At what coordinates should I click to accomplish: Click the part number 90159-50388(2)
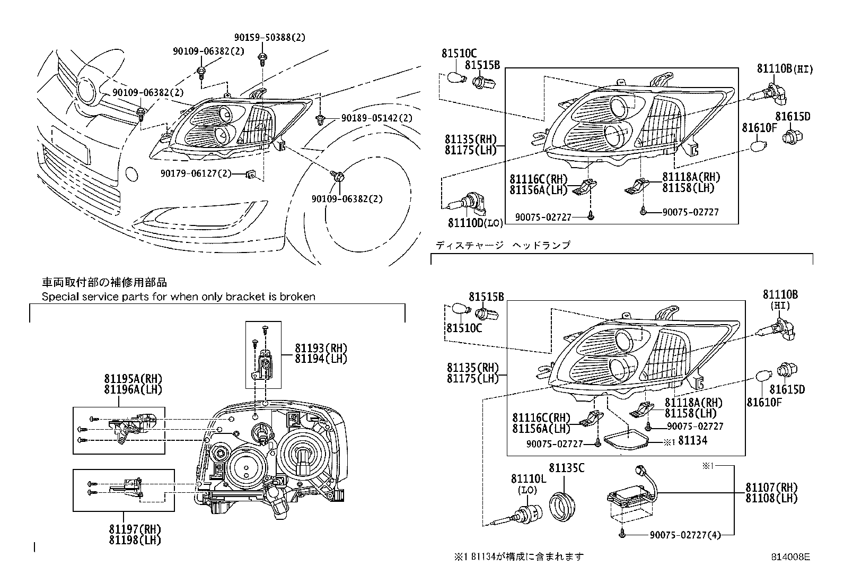tap(270, 38)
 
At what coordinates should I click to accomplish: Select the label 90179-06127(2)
tap(196, 173)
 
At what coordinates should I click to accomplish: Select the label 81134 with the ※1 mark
tap(692, 440)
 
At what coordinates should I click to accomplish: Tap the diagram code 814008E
tap(790, 557)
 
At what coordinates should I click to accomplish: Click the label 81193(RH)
tap(321, 349)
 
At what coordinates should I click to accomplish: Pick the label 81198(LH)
tap(135, 540)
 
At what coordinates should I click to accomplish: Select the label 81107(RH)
tap(771, 488)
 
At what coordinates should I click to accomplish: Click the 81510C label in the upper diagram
tap(459, 53)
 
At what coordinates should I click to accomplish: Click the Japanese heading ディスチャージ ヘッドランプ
tap(503, 245)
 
